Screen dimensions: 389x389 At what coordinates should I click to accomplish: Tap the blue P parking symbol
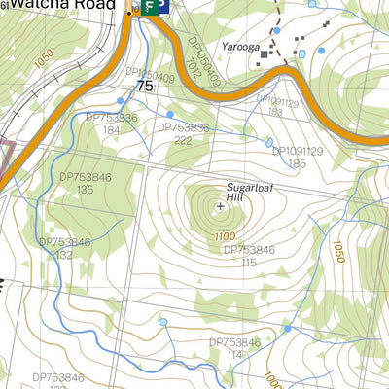[159, 7]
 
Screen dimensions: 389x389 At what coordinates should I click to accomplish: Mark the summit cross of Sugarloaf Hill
[220, 206]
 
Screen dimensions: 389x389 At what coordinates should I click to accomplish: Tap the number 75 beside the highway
[145, 87]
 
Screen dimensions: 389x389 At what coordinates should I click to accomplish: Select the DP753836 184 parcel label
[112, 124]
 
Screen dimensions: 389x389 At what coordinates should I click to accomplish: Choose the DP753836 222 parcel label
[183, 133]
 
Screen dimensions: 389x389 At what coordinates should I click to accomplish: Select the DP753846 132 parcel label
[65, 249]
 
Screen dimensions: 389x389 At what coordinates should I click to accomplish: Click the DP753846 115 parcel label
[249, 256]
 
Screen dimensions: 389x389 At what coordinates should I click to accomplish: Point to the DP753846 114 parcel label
[234, 348]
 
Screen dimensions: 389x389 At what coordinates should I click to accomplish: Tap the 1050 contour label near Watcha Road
[39, 57]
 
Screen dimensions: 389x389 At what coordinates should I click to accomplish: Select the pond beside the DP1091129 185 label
[269, 143]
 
